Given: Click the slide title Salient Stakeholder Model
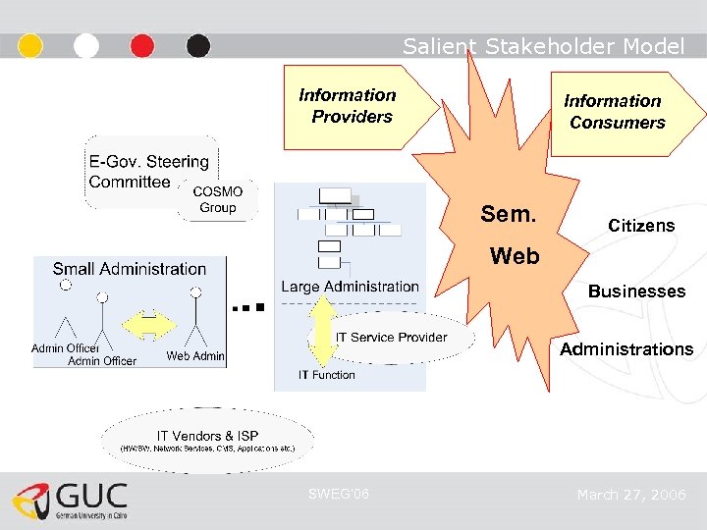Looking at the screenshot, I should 543,46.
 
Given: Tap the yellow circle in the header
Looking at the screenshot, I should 30,46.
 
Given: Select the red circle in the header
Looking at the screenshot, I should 142,46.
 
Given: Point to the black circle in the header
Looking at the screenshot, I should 198,46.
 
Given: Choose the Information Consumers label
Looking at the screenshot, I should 614,112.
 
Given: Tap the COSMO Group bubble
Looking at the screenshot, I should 217,200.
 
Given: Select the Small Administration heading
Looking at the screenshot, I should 129,269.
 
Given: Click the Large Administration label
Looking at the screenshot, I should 350,287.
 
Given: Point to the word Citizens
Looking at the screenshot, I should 641,226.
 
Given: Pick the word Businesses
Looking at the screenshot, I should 636,291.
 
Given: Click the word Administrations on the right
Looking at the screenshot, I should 626,349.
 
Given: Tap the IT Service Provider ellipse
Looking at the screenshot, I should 391,338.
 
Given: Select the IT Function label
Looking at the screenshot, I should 327,375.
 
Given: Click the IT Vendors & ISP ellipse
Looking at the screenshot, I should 207,440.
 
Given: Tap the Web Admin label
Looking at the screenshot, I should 195,356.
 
